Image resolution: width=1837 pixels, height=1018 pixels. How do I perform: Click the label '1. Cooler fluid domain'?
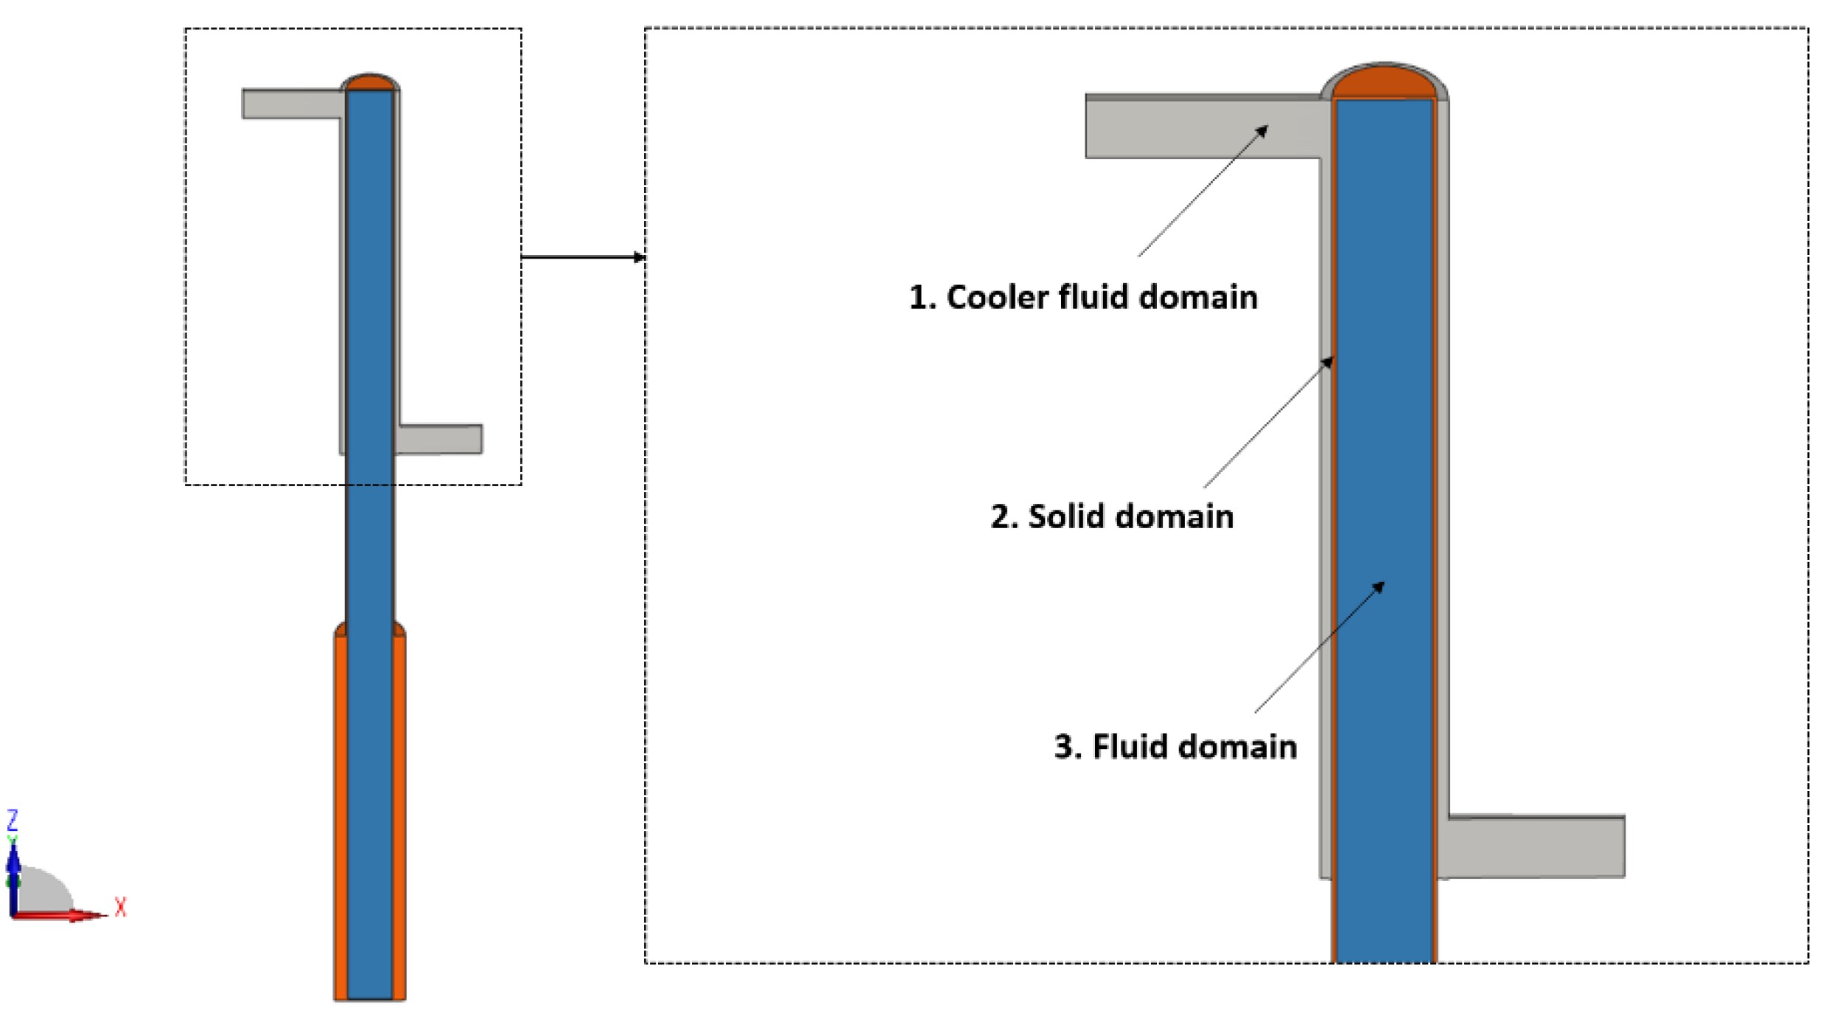pyautogui.click(x=1082, y=298)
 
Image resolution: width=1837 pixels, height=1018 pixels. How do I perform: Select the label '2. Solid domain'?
pyautogui.click(x=1111, y=516)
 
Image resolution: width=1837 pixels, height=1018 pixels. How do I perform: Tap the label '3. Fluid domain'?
pyautogui.click(x=1175, y=746)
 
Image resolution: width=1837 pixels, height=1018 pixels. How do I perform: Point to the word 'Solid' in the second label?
pyautogui.click(x=1068, y=516)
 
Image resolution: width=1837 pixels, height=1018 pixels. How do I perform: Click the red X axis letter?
pyautogui.click(x=121, y=907)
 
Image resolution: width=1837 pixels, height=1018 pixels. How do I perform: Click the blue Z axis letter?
pyautogui.click(x=12, y=820)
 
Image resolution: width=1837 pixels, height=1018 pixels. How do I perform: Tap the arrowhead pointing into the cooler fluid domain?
pyautogui.click(x=1263, y=130)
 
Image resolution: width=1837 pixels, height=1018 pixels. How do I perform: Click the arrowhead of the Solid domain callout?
pyautogui.click(x=1329, y=361)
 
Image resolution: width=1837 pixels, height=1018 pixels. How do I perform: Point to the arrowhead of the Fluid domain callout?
pyautogui.click(x=1379, y=586)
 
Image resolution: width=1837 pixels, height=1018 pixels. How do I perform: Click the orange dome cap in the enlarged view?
pyautogui.click(x=1383, y=83)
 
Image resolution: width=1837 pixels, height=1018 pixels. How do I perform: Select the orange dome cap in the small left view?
pyautogui.click(x=370, y=83)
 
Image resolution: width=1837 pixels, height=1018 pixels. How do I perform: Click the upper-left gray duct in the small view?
pyautogui.click(x=291, y=104)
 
